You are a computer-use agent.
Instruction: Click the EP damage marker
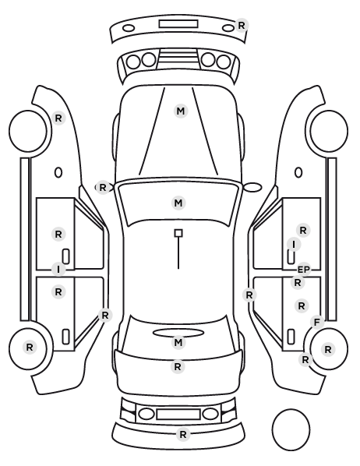[304, 270]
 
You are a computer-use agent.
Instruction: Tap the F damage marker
[317, 322]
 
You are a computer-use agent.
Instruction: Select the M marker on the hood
[181, 111]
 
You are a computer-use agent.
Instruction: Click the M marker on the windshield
[178, 203]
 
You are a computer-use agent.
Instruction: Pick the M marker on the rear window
[178, 342]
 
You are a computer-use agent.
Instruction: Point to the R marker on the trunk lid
[178, 367]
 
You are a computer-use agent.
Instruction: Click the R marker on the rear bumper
[183, 435]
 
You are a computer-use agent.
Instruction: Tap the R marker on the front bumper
[242, 25]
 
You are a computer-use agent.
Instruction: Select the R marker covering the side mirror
[103, 188]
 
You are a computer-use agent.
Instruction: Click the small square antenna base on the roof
[178, 233]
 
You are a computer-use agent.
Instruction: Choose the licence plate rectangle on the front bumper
[178, 24]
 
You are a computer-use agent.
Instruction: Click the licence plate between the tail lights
[178, 415]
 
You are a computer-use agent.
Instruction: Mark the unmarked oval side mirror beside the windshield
[252, 187]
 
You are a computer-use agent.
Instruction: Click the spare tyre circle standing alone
[291, 429]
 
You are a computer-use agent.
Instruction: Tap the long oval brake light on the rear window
[178, 333]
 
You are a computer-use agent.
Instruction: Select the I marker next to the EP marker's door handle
[294, 245]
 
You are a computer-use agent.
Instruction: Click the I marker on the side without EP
[58, 270]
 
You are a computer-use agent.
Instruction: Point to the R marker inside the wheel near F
[328, 349]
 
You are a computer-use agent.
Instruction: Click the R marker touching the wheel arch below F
[305, 359]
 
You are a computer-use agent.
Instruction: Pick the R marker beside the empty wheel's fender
[58, 118]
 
